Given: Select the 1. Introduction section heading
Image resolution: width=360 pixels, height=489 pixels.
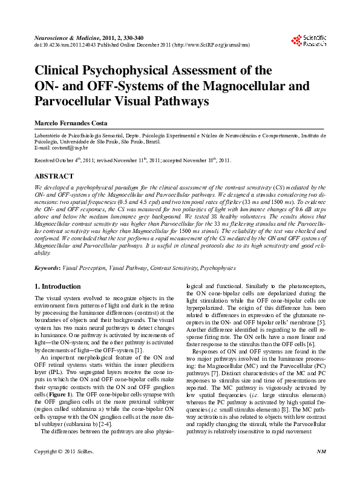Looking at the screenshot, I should coord(57,286).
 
